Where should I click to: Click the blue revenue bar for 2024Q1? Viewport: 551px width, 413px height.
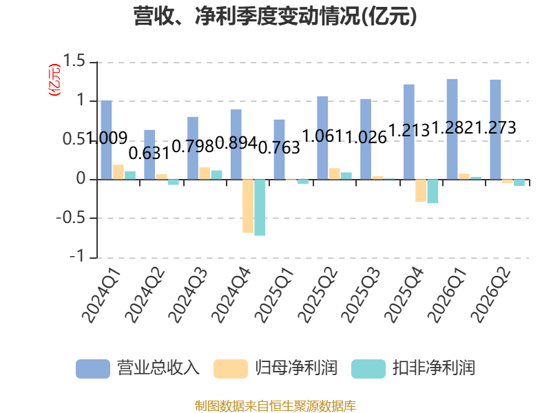click(107, 140)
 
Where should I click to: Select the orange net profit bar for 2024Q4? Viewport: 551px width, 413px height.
click(248, 206)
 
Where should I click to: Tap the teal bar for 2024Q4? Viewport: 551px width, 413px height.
click(260, 208)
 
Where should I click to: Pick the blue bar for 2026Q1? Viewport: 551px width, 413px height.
click(453, 129)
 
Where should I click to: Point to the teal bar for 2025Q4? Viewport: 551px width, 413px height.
click(433, 191)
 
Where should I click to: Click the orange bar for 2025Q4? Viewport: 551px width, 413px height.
click(421, 191)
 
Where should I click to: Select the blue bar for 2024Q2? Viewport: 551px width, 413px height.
click(149, 154)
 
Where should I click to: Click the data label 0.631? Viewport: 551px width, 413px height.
click(149, 153)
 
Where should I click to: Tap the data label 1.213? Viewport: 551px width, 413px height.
click(409, 130)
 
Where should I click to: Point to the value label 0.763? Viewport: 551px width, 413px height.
click(280, 147)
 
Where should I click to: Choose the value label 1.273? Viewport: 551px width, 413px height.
click(495, 127)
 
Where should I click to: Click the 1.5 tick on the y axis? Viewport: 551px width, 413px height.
click(74, 61)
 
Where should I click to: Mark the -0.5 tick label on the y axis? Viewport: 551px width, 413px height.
click(71, 218)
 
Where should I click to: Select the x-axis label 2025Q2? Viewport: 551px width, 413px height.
click(318, 295)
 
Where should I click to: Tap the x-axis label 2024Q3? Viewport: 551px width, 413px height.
click(188, 295)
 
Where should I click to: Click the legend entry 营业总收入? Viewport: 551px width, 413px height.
click(138, 368)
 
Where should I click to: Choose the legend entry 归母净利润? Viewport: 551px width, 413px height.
click(275, 368)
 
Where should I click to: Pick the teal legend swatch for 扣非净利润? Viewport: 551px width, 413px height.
click(368, 369)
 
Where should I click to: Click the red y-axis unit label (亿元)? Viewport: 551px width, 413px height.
click(54, 80)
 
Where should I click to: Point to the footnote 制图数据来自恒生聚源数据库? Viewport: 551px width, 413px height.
click(275, 406)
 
